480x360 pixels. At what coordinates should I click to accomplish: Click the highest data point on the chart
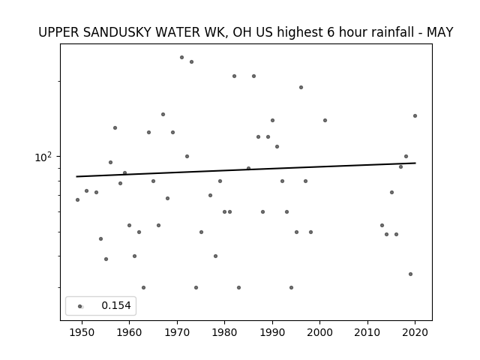pos(181,57)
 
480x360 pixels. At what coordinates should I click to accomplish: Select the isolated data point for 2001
pos(325,120)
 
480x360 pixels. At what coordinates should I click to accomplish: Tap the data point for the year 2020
pos(415,115)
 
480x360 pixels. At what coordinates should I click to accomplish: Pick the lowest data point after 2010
pos(410,274)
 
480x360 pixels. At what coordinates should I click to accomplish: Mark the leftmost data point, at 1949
pos(77,200)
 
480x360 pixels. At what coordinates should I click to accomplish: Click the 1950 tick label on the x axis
pos(82,332)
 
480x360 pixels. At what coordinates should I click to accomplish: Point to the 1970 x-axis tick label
pos(177,332)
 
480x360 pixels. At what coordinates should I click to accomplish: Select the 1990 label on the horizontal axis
pos(272,332)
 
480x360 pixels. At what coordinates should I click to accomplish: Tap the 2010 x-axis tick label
pos(367,332)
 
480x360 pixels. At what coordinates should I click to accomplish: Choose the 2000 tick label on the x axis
pos(319,332)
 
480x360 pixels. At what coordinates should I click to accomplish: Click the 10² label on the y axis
pos(43,157)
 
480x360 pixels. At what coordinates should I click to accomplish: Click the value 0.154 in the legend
pos(116,305)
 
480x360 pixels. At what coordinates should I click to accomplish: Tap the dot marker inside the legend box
pos(80,306)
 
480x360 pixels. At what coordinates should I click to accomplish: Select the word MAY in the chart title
pos(440,32)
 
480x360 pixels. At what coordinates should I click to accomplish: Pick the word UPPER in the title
pos(58,32)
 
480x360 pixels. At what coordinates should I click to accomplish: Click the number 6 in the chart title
pos(331,32)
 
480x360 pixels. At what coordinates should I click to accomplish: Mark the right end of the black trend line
pos(415,163)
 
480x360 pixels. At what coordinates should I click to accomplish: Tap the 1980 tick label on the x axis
pos(224,332)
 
